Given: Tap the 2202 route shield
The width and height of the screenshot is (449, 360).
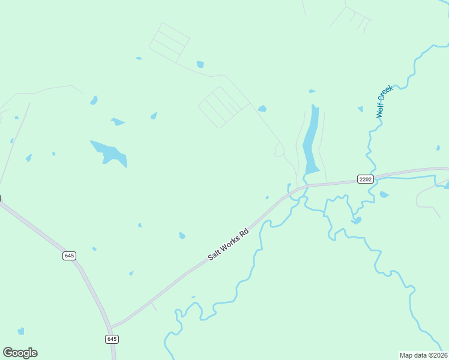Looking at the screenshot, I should (365, 179).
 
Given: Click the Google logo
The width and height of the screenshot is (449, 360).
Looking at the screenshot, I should (20, 353).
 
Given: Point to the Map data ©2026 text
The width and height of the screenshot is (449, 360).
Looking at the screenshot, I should (424, 355).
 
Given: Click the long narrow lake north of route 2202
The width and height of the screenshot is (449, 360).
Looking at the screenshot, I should (311, 141).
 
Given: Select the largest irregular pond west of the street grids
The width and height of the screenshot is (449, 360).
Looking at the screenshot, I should (109, 153).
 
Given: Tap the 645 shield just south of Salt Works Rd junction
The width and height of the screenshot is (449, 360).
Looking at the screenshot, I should (112, 339).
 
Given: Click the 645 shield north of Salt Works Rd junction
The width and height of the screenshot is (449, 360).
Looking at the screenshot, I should (69, 256).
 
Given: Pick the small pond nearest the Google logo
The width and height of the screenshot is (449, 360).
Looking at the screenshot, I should (21, 331).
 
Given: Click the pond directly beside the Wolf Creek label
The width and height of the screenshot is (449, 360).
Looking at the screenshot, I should (360, 109).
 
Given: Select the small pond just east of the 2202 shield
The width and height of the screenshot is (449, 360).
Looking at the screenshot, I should (384, 194).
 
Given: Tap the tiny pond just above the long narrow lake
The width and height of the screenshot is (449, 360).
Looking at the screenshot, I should (312, 91).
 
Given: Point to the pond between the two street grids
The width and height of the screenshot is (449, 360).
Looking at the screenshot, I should (200, 64).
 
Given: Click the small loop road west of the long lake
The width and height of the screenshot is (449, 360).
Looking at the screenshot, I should (279, 150).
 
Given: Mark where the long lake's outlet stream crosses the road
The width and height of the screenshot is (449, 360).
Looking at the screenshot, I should (305, 185).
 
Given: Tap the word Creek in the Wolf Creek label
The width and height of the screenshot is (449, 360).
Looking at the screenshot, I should (385, 95).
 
